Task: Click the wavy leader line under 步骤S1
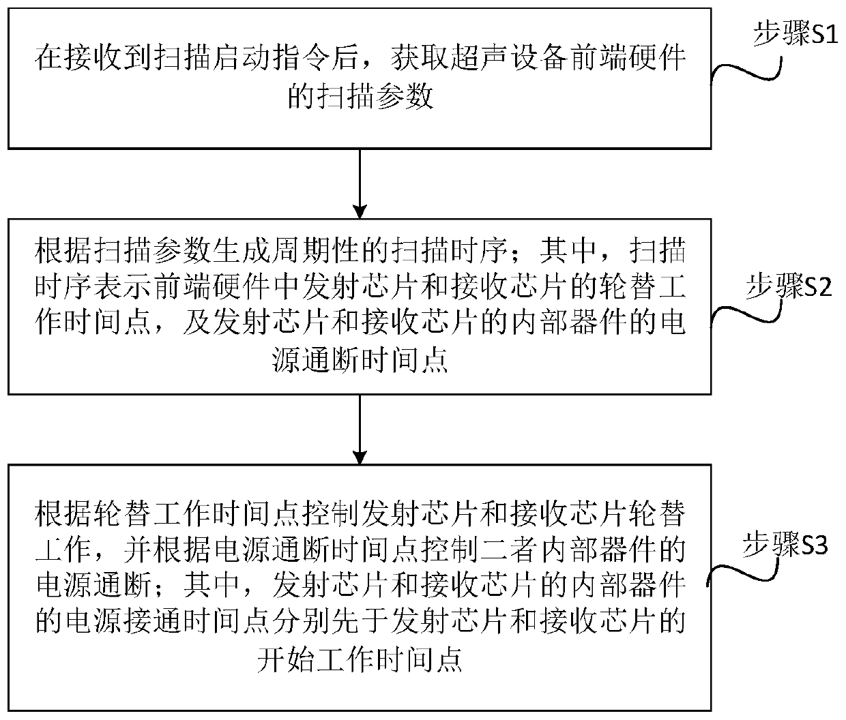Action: (747, 68)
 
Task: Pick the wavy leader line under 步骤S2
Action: (747, 315)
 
